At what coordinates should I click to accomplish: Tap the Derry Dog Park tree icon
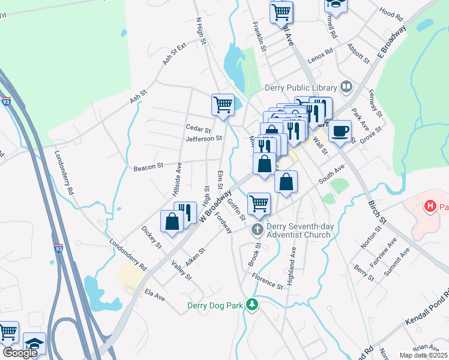pyautogui.click(x=253, y=305)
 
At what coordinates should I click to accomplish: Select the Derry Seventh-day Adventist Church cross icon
pyautogui.click(x=258, y=230)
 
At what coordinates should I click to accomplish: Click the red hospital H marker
pyautogui.click(x=430, y=207)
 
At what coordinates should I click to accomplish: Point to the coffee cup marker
pyautogui.click(x=340, y=130)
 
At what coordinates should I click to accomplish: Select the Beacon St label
pyautogui.click(x=148, y=166)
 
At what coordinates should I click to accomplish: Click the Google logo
pyautogui.click(x=20, y=353)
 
